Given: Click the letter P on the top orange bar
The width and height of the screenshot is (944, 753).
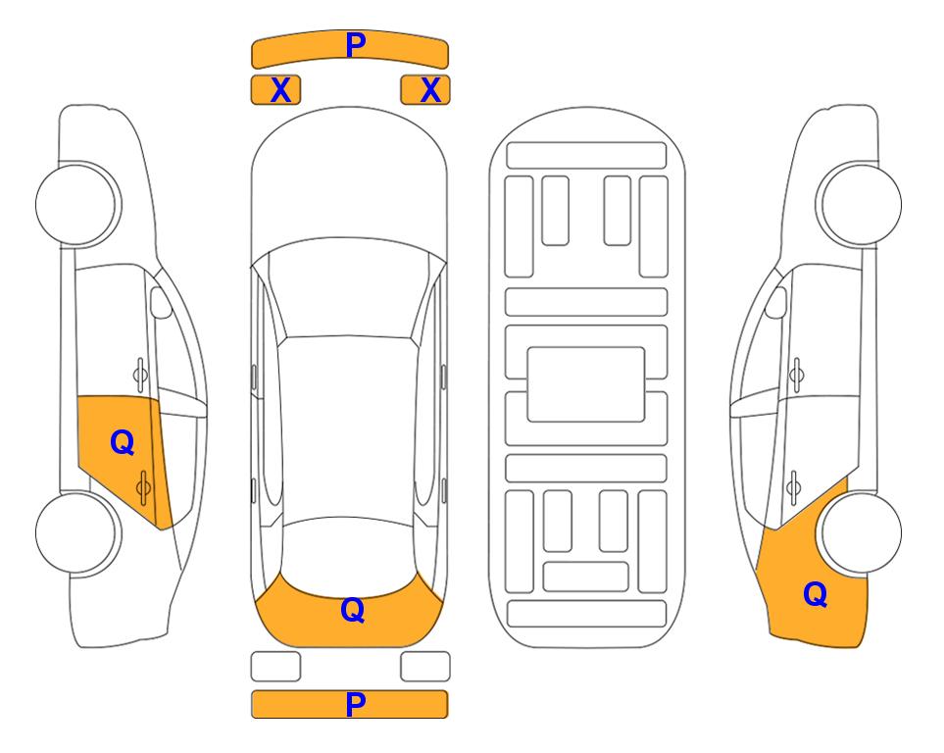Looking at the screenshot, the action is pos(356,45).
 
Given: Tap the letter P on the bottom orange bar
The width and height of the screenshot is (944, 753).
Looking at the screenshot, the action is pos(356,704).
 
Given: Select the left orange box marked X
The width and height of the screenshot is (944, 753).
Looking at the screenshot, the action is pos(275,90).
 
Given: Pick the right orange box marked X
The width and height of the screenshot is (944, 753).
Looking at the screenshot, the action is pos(425,90).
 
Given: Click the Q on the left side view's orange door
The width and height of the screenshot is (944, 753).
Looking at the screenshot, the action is pos(123,443).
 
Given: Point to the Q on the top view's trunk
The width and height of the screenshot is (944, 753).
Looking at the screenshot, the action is pos(353,610).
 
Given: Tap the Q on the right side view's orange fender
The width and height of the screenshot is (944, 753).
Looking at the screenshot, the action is pos(816,594).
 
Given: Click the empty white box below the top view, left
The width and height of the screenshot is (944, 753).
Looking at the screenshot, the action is pos(275,667).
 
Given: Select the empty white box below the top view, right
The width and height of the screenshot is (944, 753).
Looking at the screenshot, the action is pos(425,667).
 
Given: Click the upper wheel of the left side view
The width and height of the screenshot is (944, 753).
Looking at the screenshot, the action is pos(76,204).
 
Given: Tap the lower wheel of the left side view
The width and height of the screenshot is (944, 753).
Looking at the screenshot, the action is pos(76,532).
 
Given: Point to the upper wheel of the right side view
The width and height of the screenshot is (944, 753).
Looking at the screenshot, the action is pos(861,204).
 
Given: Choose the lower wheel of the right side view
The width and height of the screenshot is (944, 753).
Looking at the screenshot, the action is pos(861,532).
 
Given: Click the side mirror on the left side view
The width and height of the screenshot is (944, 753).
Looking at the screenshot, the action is pos(160,302).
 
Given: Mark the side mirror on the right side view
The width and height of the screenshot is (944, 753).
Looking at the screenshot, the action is pos(776,302).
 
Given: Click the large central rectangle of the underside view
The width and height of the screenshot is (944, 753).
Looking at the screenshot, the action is pos(586,384).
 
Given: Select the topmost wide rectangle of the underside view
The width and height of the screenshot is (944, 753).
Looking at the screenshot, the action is pos(586,156).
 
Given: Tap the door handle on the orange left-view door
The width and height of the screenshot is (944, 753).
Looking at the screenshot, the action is pos(143,487).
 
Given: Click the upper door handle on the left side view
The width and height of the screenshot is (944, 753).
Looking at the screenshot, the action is pos(140,375).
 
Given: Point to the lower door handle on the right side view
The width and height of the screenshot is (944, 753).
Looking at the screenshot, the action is pos(794,487).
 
